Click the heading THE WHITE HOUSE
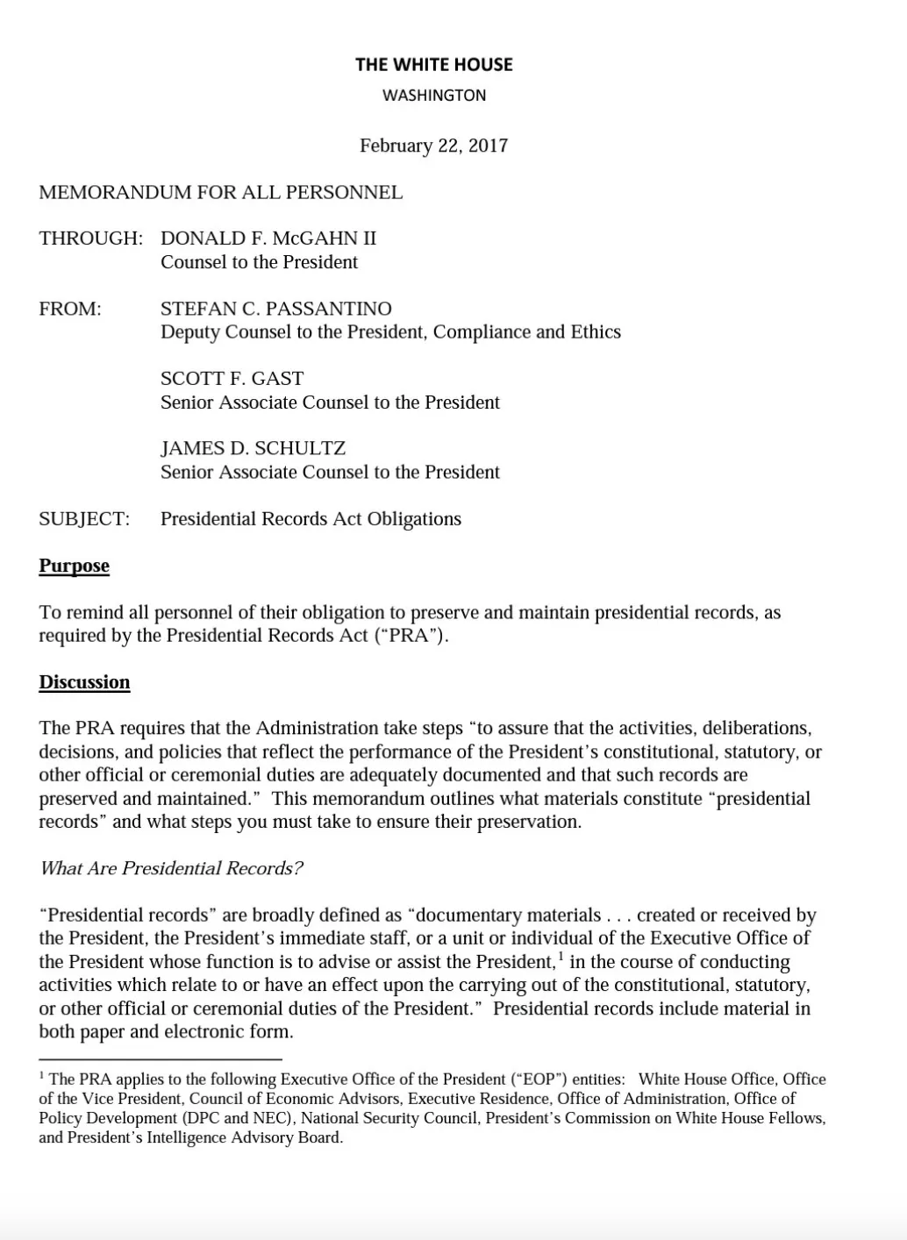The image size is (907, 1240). point(433,64)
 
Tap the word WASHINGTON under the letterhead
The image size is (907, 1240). point(433,95)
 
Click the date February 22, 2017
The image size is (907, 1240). point(433,146)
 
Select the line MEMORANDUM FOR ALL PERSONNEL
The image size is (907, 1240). point(220,193)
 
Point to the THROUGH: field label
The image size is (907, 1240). point(90,239)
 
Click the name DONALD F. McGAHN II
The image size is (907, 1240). point(268,239)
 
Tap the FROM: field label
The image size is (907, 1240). point(70,309)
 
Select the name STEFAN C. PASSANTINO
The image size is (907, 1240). point(275,309)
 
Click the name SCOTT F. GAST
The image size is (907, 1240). point(232,379)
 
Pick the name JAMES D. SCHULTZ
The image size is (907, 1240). point(253,448)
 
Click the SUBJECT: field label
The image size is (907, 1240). point(84,519)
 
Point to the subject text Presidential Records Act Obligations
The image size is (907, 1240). point(311,519)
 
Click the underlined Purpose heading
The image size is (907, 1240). point(74,566)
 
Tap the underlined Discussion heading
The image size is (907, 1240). point(84,682)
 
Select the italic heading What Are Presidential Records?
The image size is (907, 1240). point(171,868)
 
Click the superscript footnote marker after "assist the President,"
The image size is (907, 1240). point(561,956)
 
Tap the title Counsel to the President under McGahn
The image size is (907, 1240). point(259,262)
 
